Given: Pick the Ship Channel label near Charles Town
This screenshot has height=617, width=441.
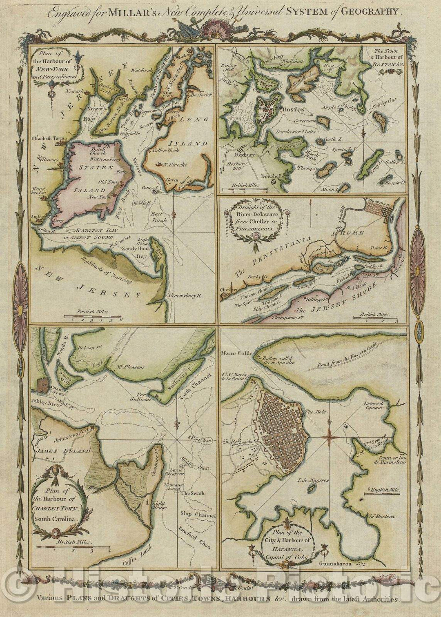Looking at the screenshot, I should coord(198,515).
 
